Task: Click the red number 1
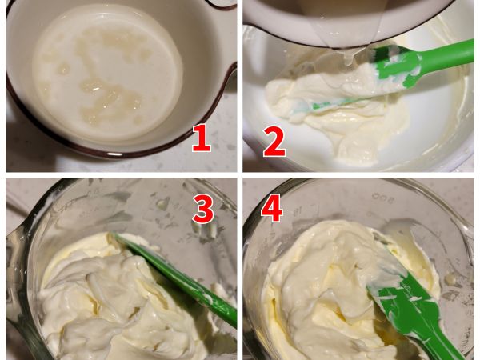click(201, 138)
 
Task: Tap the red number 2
click(274, 141)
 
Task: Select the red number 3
click(203, 210)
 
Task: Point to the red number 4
click(272, 210)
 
